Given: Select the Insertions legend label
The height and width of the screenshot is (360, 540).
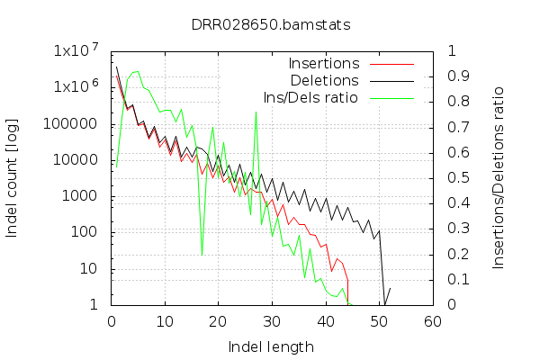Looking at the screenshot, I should (x=324, y=64).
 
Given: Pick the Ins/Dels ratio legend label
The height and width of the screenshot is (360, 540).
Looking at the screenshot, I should (x=310, y=96).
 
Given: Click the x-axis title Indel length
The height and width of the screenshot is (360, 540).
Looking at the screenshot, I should (x=271, y=346).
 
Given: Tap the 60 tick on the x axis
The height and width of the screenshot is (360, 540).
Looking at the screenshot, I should (x=432, y=321).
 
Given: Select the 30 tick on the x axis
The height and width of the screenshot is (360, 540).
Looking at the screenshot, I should (x=271, y=321).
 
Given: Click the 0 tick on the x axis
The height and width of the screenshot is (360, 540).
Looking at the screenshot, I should (x=111, y=321).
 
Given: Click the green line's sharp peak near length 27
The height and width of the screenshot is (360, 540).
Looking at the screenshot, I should (x=256, y=111).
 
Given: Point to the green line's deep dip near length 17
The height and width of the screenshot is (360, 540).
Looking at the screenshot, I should (x=202, y=255).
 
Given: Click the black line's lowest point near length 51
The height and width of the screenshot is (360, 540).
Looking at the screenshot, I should (x=384, y=304).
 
